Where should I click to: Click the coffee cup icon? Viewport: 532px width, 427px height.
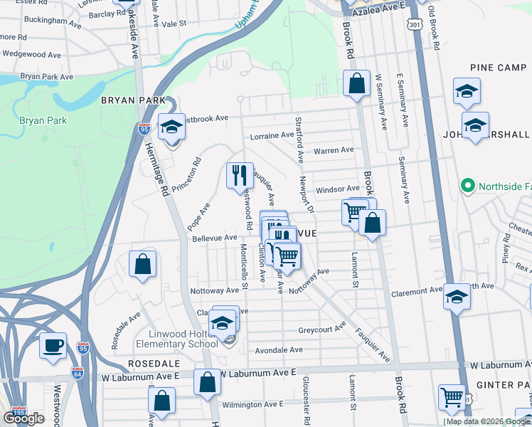point(53,346)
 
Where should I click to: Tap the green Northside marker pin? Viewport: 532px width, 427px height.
point(467,187)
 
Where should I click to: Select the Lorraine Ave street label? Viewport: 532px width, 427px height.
point(272,135)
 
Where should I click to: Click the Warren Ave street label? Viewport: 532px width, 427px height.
point(334,150)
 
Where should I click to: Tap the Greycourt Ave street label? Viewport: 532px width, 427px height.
point(321,330)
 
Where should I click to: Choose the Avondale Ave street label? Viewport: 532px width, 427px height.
point(280,349)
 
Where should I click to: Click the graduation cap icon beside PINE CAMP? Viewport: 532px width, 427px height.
point(467,91)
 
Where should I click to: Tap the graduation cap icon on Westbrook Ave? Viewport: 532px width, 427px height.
point(171,127)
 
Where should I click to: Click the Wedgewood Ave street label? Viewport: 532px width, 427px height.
point(33,53)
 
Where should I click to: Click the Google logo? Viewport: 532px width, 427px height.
point(24,418)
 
